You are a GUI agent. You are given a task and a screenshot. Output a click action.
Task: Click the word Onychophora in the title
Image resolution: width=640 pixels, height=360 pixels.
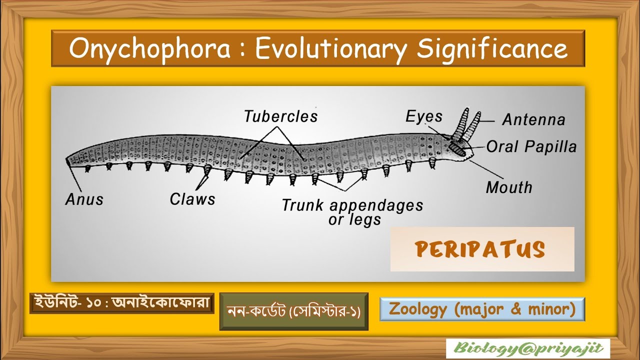pyautogui.click(x=150, y=49)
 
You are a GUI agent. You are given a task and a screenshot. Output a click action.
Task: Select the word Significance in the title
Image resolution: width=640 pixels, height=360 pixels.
pyautogui.click(x=492, y=49)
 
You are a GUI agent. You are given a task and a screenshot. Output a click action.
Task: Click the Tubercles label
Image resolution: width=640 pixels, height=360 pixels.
pyautogui.click(x=280, y=116)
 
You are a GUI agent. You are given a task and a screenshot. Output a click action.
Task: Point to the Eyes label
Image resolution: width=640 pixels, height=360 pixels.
pyautogui.click(x=424, y=116)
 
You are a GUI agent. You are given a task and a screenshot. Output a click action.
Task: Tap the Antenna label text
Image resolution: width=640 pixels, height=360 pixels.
pyautogui.click(x=533, y=120)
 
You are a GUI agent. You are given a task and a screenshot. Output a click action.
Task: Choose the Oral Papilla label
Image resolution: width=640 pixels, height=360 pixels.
pyautogui.click(x=531, y=146)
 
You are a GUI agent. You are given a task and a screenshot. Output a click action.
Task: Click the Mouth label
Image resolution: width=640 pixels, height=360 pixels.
pyautogui.click(x=509, y=187)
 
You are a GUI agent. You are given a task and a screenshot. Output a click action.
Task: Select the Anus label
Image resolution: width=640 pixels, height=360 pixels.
pyautogui.click(x=84, y=199)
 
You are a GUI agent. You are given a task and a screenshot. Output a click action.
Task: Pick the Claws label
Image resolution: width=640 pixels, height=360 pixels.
pyautogui.click(x=192, y=199)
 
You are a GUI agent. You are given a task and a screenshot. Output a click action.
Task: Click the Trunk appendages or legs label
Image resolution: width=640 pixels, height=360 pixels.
pyautogui.click(x=352, y=212)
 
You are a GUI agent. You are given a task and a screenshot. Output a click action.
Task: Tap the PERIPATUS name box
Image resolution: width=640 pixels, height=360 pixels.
pyautogui.click(x=482, y=249)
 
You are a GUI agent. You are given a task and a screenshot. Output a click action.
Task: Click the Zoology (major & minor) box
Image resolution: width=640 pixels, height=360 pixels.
pyautogui.click(x=482, y=309)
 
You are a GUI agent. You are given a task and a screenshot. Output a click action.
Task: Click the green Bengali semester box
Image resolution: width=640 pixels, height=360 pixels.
pyautogui.click(x=293, y=311)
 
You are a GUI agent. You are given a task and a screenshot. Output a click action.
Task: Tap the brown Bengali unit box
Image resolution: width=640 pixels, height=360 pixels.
pyautogui.click(x=121, y=303)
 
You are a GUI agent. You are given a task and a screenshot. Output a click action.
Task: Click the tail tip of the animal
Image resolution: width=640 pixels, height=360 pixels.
pyautogui.click(x=67, y=161)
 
